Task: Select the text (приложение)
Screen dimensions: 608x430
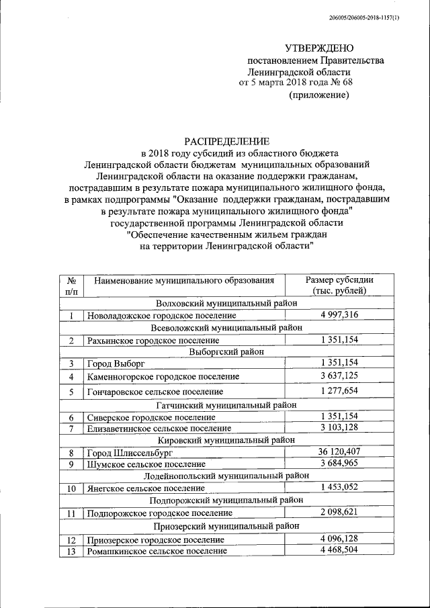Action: pos(318,95)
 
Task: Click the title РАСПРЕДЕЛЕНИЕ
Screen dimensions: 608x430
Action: pos(226,141)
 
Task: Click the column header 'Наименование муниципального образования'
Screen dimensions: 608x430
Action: pos(184,279)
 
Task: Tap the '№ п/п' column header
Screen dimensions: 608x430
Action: pos(71,285)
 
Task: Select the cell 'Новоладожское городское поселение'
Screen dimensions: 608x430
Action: pos(161,315)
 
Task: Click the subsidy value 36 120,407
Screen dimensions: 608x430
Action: pos(339,452)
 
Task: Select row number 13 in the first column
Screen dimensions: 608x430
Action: pos(71,551)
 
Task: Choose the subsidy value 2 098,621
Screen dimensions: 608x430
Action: pos(339,513)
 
